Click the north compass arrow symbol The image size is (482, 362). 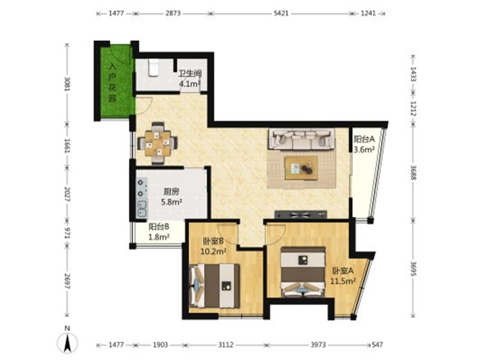(x=67, y=341)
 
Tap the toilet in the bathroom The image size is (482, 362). (x=153, y=68)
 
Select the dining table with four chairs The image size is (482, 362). (x=158, y=143)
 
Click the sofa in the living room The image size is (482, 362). (x=302, y=139)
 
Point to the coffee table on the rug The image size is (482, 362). (x=301, y=168)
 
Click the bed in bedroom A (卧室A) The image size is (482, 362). (x=304, y=271)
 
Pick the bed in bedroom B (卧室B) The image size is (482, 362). (x=214, y=285)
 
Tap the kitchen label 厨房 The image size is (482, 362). (x=171, y=192)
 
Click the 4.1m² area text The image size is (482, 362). (x=190, y=83)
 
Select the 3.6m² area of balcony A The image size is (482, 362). (x=364, y=150)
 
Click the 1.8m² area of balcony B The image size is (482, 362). (x=159, y=237)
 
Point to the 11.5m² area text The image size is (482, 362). (x=343, y=281)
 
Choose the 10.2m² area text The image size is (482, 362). (x=213, y=252)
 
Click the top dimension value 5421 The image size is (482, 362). (x=281, y=13)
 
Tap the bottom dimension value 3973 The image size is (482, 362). (x=318, y=345)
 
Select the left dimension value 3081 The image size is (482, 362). (x=67, y=83)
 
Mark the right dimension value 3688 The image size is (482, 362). (x=413, y=173)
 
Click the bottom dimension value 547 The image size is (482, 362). (x=377, y=345)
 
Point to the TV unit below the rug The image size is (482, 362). (x=301, y=214)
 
